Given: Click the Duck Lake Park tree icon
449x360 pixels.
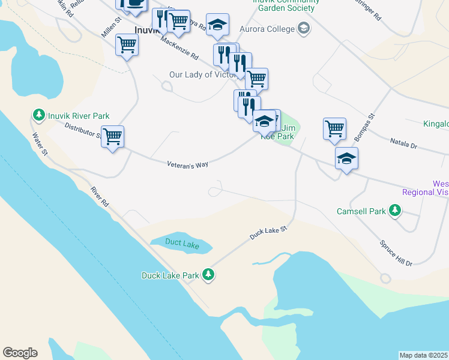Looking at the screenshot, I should tap(208, 275).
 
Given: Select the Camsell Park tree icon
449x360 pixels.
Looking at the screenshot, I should tap(395, 211).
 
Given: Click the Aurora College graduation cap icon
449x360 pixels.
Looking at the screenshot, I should tap(304, 28).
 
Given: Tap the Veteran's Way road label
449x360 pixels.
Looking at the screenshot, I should tap(188, 164).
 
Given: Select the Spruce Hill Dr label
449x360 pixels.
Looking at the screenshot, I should tap(396, 254).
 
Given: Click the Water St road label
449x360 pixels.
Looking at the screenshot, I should tap(40, 144).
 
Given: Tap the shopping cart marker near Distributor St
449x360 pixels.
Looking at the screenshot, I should tap(112, 137).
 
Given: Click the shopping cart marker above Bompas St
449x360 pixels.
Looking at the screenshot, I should tap(334, 128).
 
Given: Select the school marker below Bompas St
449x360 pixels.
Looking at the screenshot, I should tap(346, 159).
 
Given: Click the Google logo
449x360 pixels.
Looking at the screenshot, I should tap(20, 353).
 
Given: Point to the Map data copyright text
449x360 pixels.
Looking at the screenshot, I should tap(424, 355).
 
